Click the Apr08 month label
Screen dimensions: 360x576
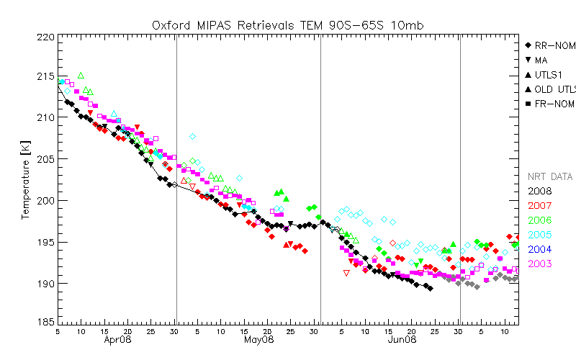tap(117, 339)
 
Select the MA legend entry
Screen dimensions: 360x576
tap(541, 60)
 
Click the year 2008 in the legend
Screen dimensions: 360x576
tap(539, 191)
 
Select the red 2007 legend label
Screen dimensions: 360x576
tap(539, 206)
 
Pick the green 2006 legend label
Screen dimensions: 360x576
tap(539, 220)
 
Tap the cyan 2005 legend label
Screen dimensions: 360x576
tap(539, 235)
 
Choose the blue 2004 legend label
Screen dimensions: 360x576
tap(539, 250)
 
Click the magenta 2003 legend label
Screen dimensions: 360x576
tap(539, 264)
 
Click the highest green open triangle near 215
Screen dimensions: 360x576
tap(81, 75)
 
